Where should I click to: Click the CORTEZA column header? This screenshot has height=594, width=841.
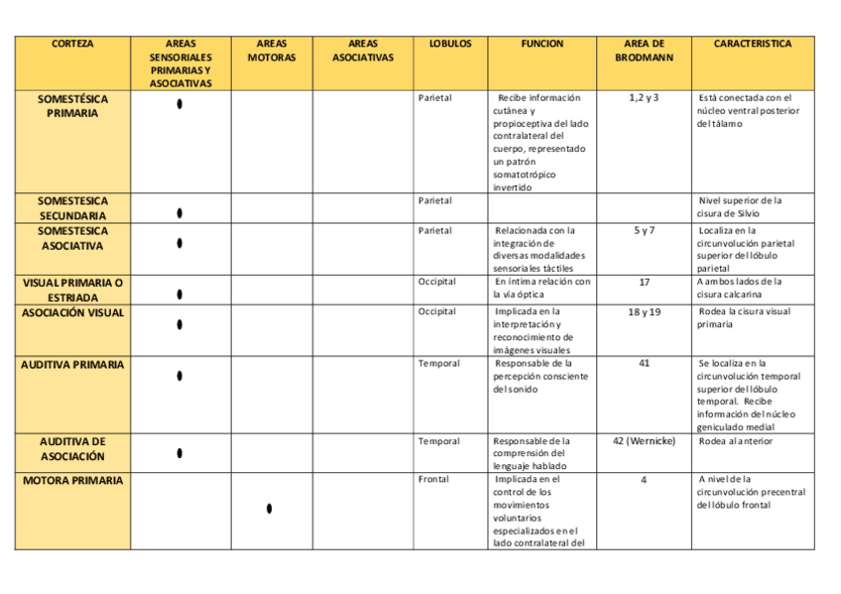(x=72, y=45)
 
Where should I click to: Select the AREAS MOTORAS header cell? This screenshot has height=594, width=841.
(x=271, y=51)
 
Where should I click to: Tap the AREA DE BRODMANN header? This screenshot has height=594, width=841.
(x=644, y=51)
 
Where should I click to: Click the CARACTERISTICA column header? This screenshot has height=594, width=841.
(x=753, y=45)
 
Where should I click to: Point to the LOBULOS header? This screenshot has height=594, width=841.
(x=449, y=45)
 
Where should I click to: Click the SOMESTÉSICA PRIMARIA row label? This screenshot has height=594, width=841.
(x=72, y=106)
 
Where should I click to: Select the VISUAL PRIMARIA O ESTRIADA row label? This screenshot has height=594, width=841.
(x=72, y=290)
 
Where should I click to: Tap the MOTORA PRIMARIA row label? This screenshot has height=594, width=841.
(x=72, y=481)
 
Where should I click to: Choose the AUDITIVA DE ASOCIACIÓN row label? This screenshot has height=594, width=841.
(x=72, y=448)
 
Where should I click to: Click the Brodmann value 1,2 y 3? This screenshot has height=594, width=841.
(x=644, y=98)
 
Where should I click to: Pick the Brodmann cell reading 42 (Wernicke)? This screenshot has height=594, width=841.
(x=644, y=441)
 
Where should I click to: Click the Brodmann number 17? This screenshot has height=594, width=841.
(x=644, y=282)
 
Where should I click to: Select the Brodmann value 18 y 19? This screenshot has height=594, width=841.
(x=644, y=312)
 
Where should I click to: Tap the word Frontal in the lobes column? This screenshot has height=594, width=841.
(x=433, y=479)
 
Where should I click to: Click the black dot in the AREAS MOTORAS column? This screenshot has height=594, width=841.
(x=270, y=509)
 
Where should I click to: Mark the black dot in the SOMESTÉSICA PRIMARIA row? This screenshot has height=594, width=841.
(x=180, y=104)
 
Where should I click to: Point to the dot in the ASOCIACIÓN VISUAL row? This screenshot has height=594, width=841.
(x=180, y=324)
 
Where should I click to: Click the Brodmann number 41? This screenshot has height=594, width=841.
(x=644, y=364)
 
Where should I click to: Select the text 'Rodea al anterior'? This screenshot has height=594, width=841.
(x=735, y=441)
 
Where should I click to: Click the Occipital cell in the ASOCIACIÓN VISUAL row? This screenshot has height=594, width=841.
(x=437, y=311)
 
